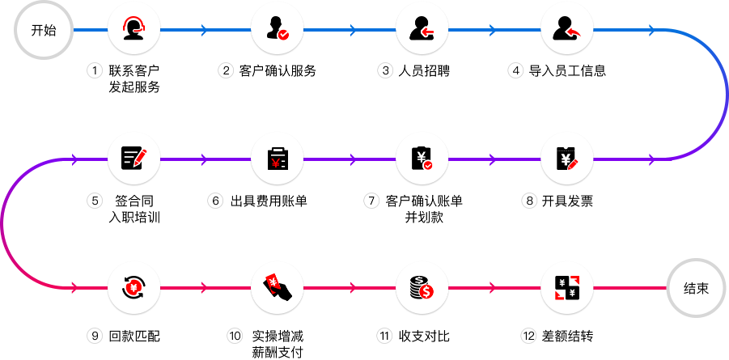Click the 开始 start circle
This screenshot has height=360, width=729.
(44, 31)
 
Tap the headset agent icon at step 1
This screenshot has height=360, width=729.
(134, 31)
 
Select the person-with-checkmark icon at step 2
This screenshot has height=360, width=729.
(278, 31)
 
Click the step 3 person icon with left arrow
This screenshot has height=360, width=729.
(422, 31)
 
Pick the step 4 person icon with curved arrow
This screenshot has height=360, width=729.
(566, 31)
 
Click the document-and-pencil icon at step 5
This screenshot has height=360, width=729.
(134, 159)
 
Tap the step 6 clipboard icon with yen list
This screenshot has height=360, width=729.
(278, 159)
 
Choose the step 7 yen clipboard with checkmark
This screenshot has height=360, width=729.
(422, 159)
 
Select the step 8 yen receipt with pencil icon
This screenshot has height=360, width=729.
(566, 159)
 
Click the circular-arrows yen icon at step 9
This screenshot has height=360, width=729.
(134, 287)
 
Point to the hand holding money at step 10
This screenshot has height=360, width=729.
(278, 287)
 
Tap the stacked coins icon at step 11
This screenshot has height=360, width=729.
(422, 287)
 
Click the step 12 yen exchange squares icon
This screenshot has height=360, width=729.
(566, 287)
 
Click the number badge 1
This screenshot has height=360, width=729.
(95, 71)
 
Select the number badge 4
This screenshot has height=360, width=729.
(516, 71)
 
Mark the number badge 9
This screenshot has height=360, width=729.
(95, 335)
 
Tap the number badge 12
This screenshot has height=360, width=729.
(529, 335)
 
